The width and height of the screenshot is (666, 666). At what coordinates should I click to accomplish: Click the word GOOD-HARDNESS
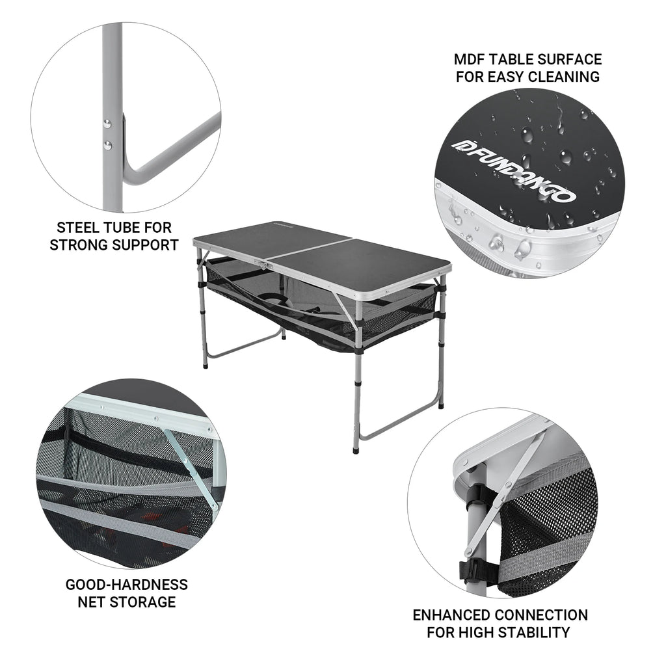(127, 584)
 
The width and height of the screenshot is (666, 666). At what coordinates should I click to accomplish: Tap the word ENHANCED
(451, 615)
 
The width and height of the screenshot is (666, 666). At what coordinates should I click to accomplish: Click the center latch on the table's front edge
(263, 266)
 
